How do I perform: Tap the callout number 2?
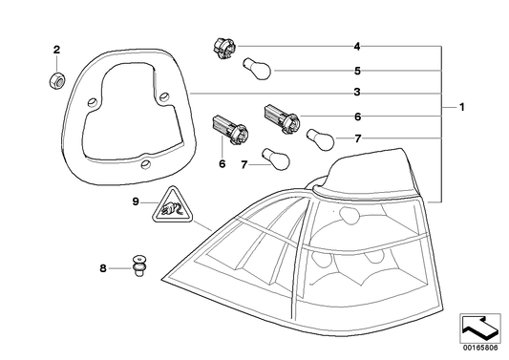(56, 50)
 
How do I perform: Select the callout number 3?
(356, 93)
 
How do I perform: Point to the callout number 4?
(356, 47)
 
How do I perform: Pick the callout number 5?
(356, 70)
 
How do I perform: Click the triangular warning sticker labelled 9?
(170, 231)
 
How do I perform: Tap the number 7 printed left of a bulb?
(244, 164)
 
